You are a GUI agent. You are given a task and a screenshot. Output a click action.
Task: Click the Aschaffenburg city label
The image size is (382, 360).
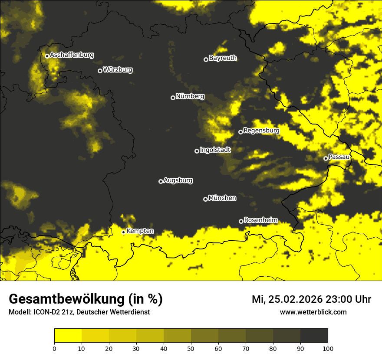pos(72,55)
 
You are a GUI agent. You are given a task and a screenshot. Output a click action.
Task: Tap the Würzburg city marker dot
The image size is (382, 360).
pos(100,71)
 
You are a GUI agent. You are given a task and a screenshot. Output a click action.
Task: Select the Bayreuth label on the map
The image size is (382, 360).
pos(223,58)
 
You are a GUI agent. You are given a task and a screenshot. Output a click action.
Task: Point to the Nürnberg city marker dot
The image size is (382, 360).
pos(173,98)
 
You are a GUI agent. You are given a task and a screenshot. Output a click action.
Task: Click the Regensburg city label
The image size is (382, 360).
pos(261,131)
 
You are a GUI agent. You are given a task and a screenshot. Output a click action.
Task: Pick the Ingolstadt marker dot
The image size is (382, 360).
pos(197,151)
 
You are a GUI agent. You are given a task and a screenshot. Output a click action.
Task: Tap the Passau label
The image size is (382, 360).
pos(339,157)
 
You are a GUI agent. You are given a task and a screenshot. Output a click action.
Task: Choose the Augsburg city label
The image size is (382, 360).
pos(178,180)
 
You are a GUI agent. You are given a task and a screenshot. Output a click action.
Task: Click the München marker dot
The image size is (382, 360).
pos(205,199)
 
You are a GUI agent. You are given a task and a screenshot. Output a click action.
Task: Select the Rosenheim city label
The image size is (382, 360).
pos(261,220)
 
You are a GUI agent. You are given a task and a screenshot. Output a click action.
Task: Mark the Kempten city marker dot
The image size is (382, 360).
pos(123,232)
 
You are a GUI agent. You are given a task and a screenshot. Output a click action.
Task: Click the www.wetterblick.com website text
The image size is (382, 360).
pos(313,312)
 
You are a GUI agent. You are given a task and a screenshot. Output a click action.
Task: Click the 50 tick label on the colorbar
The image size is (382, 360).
pos(191,348)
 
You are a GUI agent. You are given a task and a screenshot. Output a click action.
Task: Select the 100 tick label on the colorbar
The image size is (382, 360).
pos(328,348)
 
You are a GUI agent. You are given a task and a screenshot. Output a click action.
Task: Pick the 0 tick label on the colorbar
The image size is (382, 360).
pos(54,348)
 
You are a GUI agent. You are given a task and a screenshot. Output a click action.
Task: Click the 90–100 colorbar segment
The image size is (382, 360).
pos(314,336)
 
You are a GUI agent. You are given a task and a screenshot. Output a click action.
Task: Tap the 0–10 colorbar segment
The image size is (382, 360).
pos(68,336)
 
